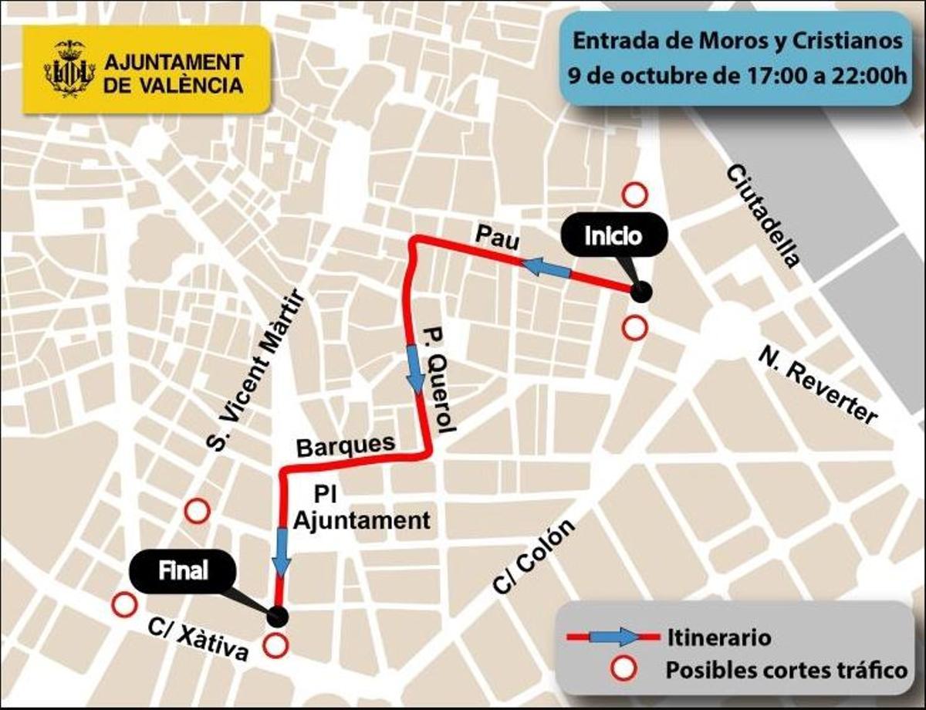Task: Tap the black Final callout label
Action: click(x=183, y=572)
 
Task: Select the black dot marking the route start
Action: click(x=640, y=292)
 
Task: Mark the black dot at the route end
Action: click(x=277, y=616)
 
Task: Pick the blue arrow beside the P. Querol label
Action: click(x=415, y=369)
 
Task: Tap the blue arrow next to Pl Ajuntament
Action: click(x=282, y=552)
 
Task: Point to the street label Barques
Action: click(x=346, y=445)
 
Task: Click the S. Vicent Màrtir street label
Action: click(x=255, y=370)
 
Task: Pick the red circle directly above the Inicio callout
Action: click(x=634, y=195)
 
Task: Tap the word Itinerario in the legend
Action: click(x=716, y=638)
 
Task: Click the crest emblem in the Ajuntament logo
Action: click(x=75, y=69)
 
